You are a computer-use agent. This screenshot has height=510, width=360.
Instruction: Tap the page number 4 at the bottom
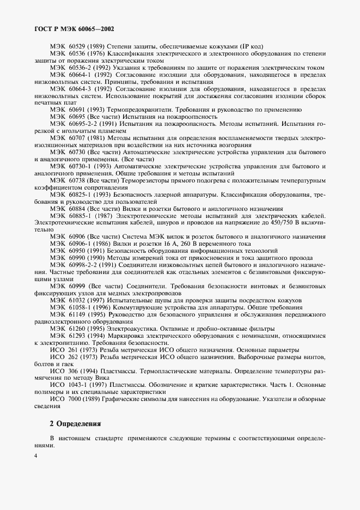(35, 456)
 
